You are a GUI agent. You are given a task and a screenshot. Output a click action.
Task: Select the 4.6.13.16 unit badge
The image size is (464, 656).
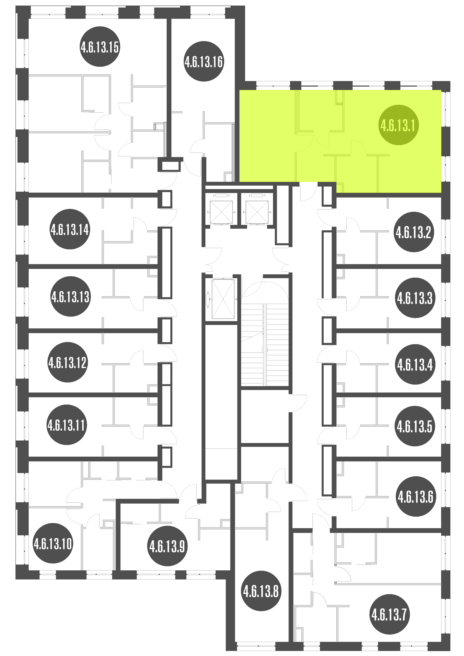pyautogui.click(x=204, y=61)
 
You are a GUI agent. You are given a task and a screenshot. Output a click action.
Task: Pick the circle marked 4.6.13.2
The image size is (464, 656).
pyautogui.click(x=414, y=232)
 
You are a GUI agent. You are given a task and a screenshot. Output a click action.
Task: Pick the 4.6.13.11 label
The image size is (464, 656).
pyautogui.click(x=67, y=425)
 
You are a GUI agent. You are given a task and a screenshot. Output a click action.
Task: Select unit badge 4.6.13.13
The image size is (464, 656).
pyautogui.click(x=70, y=297)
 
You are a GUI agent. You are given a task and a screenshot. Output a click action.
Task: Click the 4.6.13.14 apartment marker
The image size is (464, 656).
pyautogui.click(x=70, y=229)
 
